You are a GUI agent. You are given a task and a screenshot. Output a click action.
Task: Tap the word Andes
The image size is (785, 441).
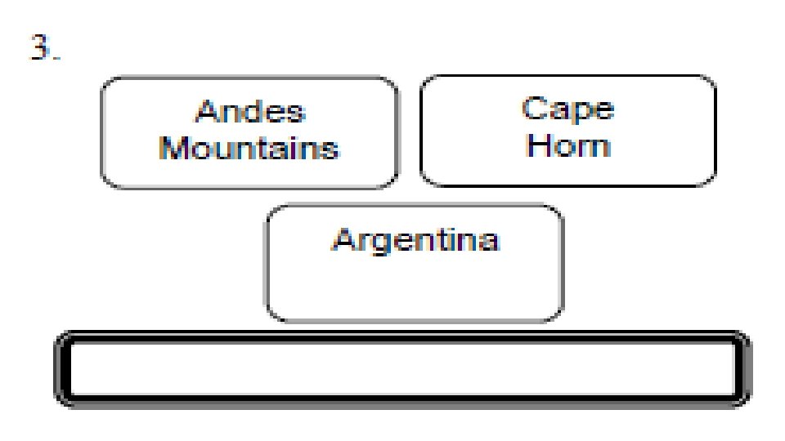(249, 112)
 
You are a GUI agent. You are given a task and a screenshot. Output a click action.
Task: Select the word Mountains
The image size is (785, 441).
(249, 149)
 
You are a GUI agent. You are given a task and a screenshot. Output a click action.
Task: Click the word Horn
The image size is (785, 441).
(568, 146)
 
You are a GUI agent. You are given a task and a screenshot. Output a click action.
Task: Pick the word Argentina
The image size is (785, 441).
(415, 241)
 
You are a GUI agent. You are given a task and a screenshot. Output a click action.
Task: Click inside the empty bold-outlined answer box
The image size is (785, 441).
(402, 369)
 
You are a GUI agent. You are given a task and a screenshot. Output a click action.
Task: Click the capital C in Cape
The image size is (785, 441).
(534, 109)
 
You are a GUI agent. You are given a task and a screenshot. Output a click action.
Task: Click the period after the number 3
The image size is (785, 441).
(56, 58)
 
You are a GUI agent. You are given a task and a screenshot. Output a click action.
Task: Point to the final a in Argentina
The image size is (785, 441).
(488, 243)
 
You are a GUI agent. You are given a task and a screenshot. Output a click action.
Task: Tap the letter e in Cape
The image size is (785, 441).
(603, 111)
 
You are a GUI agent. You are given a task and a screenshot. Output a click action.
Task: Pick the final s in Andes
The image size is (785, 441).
(295, 114)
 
